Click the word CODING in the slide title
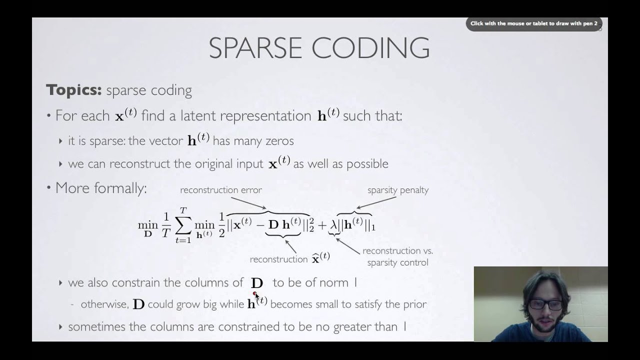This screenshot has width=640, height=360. click(x=370, y=48)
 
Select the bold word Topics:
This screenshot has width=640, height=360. click(x=73, y=90)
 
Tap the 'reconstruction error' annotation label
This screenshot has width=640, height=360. click(x=221, y=190)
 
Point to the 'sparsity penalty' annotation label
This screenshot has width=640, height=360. click(x=398, y=190)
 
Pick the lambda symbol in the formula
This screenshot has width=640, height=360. click(x=333, y=225)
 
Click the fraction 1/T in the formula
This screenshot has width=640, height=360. click(x=166, y=225)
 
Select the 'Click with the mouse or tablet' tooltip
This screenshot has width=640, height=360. click(x=533, y=23)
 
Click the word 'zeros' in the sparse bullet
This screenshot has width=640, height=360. click(x=279, y=141)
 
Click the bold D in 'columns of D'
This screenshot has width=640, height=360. click(x=257, y=283)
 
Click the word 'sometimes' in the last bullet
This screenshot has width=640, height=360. click(x=93, y=327)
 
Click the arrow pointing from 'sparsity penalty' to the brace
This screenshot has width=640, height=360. click(x=370, y=202)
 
